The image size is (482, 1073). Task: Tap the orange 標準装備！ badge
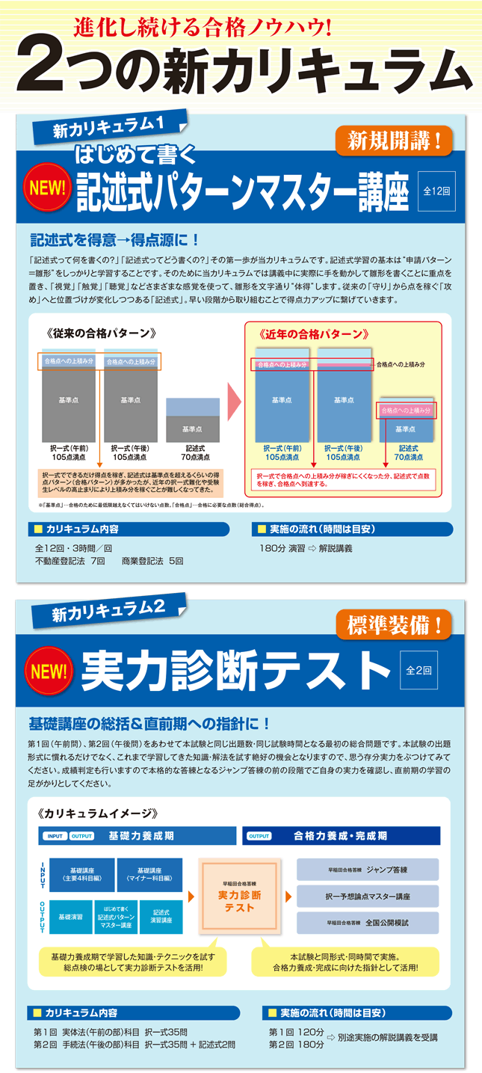point(394,622)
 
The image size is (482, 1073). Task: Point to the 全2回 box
point(418,671)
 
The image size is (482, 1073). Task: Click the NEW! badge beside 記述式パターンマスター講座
point(47,186)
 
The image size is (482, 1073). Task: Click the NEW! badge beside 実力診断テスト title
point(49,671)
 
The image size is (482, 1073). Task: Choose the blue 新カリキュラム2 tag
point(108,612)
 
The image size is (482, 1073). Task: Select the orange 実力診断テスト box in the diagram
point(239,896)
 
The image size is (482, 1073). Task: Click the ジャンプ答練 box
point(367,870)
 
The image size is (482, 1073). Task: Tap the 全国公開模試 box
point(367,923)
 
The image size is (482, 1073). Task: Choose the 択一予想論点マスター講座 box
point(367,897)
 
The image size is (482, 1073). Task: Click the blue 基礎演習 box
point(70,917)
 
